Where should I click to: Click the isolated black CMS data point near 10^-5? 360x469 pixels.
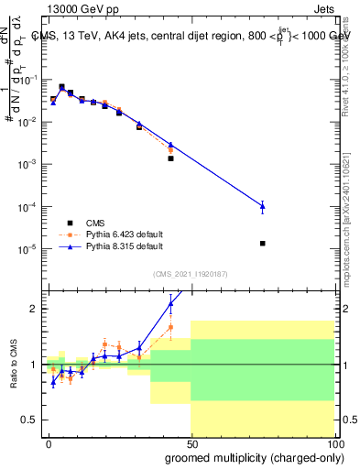(x=263, y=244)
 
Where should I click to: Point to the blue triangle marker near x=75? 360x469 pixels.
(x=263, y=207)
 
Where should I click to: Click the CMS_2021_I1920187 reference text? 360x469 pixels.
(x=189, y=274)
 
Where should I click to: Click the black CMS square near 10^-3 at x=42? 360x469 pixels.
(x=170, y=158)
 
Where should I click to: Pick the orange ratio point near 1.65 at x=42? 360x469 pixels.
(x=170, y=326)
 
